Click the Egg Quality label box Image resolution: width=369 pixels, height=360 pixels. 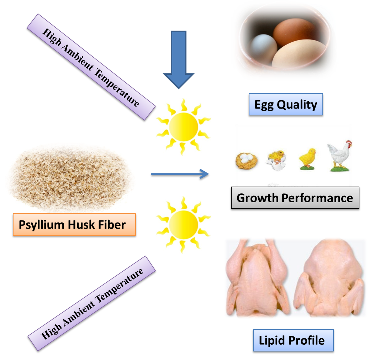(286, 105)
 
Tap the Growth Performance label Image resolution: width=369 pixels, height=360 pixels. (295, 198)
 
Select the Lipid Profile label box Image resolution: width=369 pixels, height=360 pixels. (292, 340)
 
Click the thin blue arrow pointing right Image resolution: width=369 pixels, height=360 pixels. (180, 174)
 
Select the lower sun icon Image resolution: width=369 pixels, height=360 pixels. (183, 224)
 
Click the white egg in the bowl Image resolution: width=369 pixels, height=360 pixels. (262, 49)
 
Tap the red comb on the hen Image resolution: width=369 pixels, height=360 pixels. (349, 144)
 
